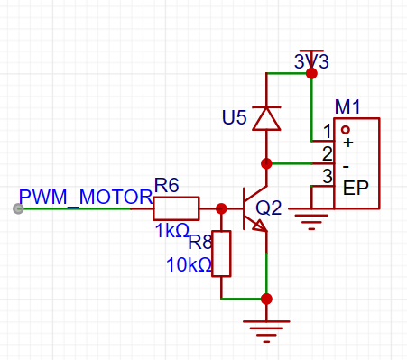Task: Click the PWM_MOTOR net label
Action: pyautogui.click(x=86, y=198)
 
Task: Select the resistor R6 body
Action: pyautogui.click(x=176, y=208)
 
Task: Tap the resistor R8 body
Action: pyautogui.click(x=221, y=254)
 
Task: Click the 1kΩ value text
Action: pyautogui.click(x=172, y=231)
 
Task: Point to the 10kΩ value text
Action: pyautogui.click(x=189, y=265)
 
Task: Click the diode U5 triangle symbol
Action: pyautogui.click(x=266, y=118)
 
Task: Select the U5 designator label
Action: pyautogui.click(x=235, y=117)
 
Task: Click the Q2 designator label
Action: pyautogui.click(x=269, y=208)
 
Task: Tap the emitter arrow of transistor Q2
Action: pyautogui.click(x=259, y=226)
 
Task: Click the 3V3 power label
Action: pyautogui.click(x=311, y=61)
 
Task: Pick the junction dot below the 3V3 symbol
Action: pyautogui.click(x=311, y=73)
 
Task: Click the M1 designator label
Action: pyautogui.click(x=347, y=106)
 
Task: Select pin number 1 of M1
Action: pyautogui.click(x=328, y=132)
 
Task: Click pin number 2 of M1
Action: pyautogui.click(x=328, y=153)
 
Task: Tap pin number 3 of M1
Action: pyautogui.click(x=328, y=176)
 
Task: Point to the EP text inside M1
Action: pyautogui.click(x=356, y=189)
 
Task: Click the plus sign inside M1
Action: pyautogui.click(x=348, y=143)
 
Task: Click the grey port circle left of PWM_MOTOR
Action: pyautogui.click(x=18, y=208)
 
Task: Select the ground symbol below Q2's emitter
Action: pyautogui.click(x=266, y=331)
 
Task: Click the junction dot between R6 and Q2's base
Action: pyautogui.click(x=221, y=208)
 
